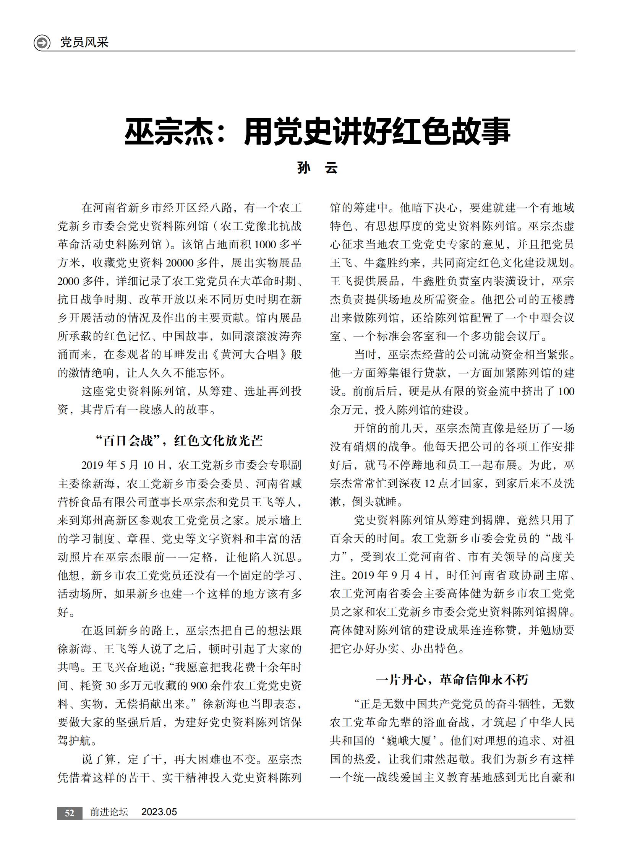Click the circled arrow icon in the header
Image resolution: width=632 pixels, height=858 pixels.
42,42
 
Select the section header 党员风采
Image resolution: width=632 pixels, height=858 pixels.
84,42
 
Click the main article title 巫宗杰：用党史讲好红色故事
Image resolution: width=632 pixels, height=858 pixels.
317,132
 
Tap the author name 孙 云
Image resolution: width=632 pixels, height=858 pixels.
317,168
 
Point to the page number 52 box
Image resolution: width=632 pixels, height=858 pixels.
69,813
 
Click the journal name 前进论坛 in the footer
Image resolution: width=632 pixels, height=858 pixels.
109,812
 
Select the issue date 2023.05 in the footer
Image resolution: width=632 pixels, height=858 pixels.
159,812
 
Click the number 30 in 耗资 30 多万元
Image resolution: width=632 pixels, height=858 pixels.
111,685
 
